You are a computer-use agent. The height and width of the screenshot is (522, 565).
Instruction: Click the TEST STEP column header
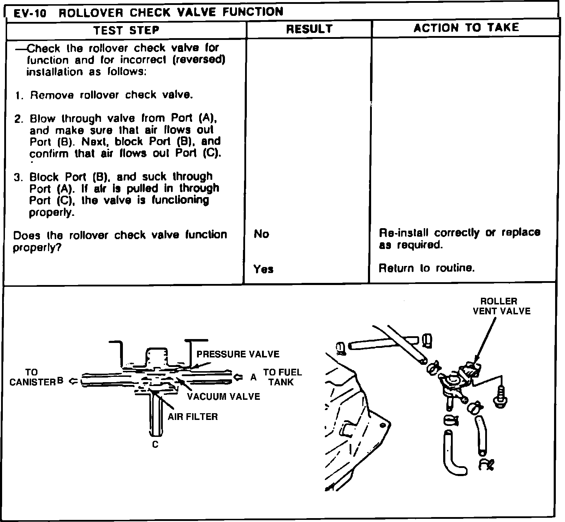click(x=126, y=30)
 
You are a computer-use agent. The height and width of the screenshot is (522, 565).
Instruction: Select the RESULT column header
click(x=309, y=29)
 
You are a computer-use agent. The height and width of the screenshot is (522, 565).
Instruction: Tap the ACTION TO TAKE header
click(x=466, y=28)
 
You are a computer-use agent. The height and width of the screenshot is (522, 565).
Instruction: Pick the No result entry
click(x=261, y=234)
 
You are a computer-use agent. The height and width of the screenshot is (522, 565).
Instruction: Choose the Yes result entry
click(x=263, y=269)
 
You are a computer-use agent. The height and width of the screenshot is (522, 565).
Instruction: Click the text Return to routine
click(x=427, y=268)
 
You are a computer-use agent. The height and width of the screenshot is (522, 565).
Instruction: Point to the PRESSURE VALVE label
click(x=238, y=354)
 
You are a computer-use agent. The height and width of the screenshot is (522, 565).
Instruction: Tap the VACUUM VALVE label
click(x=223, y=396)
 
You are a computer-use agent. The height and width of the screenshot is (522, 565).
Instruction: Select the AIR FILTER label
click(x=192, y=417)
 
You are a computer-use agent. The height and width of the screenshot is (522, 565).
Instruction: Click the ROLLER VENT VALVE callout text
click(x=501, y=306)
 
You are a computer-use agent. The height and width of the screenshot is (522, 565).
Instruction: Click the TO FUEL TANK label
click(x=282, y=377)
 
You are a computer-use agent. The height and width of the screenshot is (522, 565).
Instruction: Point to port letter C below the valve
click(x=155, y=444)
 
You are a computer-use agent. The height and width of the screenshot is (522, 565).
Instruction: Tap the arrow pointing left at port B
click(x=73, y=381)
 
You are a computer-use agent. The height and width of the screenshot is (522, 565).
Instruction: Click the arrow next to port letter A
click(x=239, y=377)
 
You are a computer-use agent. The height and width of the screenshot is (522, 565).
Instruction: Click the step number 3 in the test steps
click(x=18, y=177)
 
